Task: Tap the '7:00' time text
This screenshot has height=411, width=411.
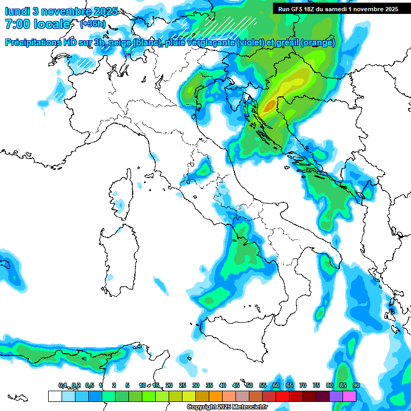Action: tap(19, 24)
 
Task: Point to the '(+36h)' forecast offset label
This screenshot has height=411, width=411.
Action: tap(93, 24)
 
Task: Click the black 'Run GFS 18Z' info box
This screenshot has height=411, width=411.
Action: tap(338, 9)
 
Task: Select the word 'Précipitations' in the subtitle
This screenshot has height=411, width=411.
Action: tap(32, 43)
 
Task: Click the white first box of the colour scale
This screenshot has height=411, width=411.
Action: tap(55, 396)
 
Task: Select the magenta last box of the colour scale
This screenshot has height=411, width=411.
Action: tap(349, 396)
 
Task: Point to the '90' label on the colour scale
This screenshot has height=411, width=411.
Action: tap(356, 386)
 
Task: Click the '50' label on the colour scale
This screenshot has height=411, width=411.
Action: tap(249, 386)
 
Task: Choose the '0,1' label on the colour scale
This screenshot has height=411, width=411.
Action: tap(63, 386)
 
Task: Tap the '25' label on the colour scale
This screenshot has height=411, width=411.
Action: tap(182, 386)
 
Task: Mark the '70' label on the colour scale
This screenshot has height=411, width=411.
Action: tap(303, 386)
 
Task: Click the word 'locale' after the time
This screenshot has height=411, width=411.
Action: tap(53, 24)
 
